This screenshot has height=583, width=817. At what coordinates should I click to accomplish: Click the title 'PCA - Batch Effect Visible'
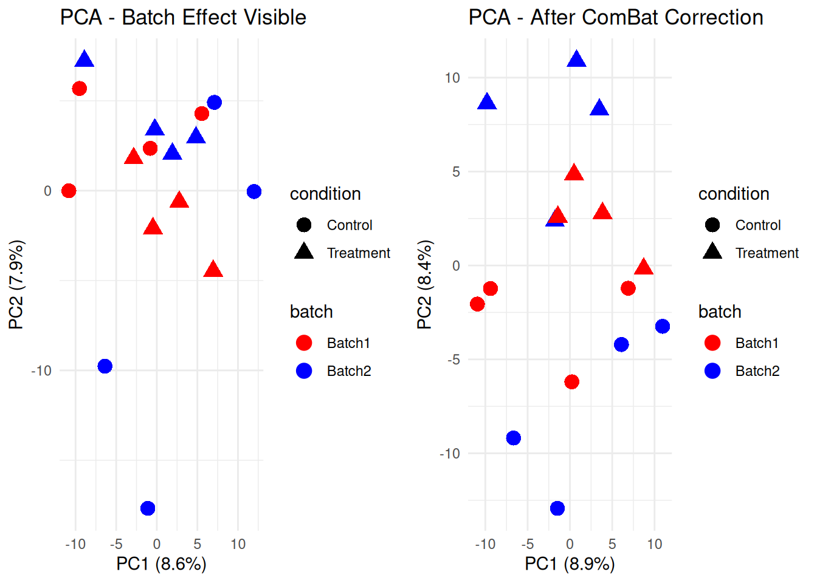(x=183, y=18)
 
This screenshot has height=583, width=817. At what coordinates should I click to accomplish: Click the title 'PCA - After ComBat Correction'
(x=616, y=18)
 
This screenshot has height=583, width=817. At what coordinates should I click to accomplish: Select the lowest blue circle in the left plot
(x=148, y=508)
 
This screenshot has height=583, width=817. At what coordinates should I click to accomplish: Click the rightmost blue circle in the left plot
(x=254, y=192)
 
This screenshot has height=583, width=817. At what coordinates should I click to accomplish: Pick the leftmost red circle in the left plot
(x=69, y=191)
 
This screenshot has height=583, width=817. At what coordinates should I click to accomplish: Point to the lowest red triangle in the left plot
(x=213, y=270)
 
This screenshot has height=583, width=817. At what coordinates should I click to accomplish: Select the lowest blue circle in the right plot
(x=557, y=508)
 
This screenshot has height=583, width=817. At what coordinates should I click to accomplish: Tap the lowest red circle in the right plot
(x=571, y=382)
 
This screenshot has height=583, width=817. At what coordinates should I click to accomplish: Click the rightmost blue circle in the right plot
(x=663, y=327)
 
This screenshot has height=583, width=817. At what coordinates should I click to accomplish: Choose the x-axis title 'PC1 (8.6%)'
(x=162, y=564)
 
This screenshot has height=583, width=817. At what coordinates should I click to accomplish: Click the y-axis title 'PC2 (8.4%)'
(x=424, y=284)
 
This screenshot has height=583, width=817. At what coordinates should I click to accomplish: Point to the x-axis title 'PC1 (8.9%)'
(x=570, y=564)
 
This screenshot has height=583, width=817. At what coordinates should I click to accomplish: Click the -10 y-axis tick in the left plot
(x=41, y=370)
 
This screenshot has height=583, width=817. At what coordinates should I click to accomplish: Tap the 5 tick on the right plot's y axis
(x=456, y=172)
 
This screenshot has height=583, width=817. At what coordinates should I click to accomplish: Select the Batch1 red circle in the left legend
(x=304, y=343)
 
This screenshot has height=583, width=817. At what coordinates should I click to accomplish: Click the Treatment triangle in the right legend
(x=712, y=251)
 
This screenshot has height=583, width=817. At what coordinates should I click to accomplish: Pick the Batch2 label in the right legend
(x=757, y=371)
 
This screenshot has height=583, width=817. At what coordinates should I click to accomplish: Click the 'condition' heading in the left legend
(x=325, y=194)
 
